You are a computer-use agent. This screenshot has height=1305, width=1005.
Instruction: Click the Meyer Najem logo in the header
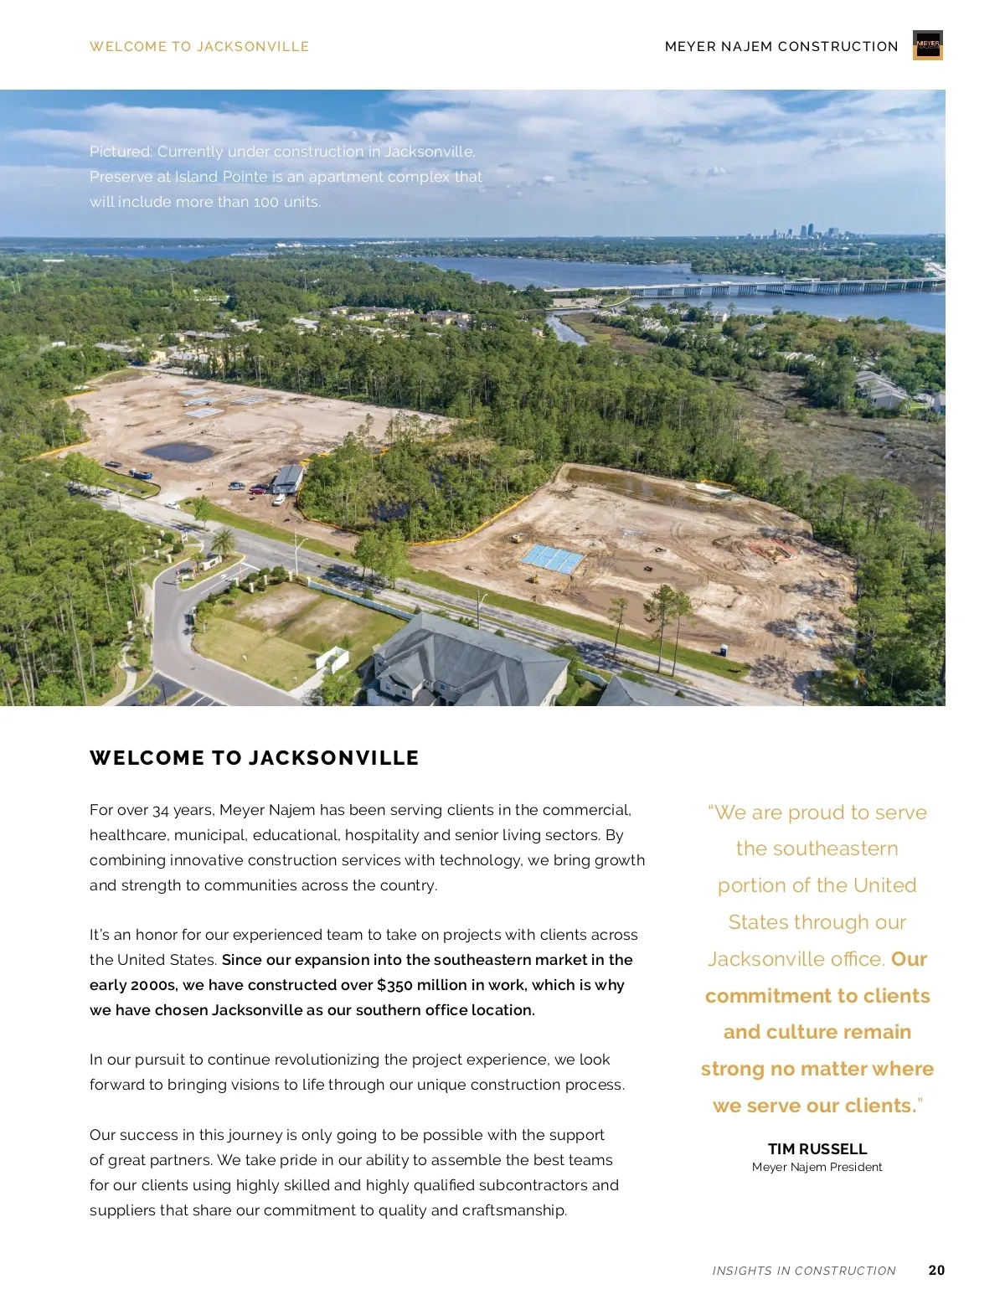[x=927, y=45]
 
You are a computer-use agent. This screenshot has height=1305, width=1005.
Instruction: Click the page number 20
[x=936, y=1270]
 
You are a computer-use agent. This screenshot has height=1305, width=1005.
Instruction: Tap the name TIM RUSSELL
[x=817, y=1148]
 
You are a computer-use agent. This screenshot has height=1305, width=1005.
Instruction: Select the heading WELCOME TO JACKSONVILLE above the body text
[x=254, y=758]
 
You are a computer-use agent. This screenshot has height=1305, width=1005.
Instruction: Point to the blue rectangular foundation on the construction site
[x=552, y=558]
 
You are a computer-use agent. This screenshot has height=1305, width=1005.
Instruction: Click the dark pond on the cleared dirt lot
[x=178, y=452]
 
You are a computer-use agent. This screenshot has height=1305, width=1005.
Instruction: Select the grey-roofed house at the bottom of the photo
[x=469, y=662]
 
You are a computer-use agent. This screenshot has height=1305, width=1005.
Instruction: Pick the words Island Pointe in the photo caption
[x=221, y=177]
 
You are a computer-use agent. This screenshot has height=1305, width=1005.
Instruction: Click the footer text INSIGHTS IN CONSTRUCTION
[x=803, y=1271]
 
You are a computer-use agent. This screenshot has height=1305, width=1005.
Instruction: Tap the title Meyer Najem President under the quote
[x=817, y=1167]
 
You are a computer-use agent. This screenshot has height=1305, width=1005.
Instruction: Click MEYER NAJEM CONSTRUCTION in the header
[x=781, y=47]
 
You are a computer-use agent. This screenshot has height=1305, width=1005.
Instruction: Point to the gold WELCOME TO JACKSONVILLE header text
[x=199, y=47]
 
